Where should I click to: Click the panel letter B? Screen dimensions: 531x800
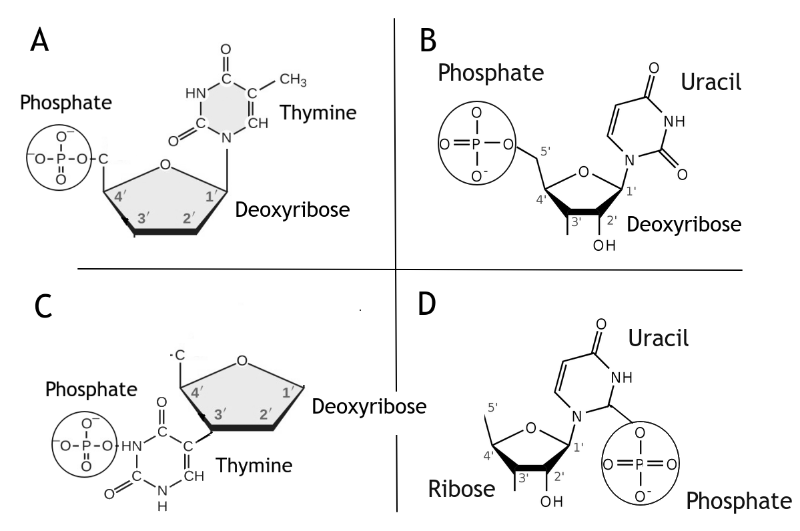coord(428,41)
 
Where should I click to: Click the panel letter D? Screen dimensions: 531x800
coord(426,304)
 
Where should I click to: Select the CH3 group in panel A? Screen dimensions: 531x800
coord(293,81)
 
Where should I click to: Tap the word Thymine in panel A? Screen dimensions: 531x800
coord(318,112)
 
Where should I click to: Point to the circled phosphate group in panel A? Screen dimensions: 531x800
coord(61,159)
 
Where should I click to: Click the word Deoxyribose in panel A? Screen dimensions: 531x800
coord(292,210)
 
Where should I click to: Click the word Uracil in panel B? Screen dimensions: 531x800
coord(711,83)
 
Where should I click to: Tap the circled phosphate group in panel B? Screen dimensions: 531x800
coord(476,144)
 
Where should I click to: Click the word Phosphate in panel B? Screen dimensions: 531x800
coord(490,73)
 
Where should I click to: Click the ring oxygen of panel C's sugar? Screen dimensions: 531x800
coord(242,361)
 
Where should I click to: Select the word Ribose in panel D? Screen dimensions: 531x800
coord(461,490)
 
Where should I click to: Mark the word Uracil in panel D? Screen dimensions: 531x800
coord(658,338)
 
